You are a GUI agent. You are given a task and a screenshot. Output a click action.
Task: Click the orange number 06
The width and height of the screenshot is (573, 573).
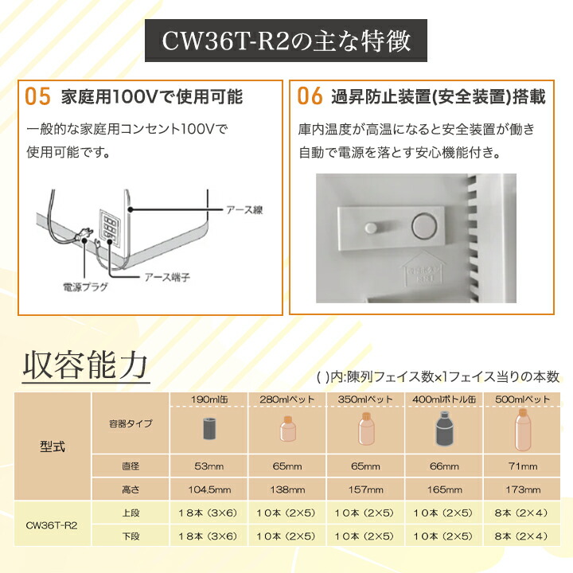(x=310, y=97)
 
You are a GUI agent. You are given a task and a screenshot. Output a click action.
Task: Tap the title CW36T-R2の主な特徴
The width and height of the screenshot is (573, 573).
(x=286, y=40)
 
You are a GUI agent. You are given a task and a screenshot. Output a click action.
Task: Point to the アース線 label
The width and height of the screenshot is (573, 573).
(x=242, y=210)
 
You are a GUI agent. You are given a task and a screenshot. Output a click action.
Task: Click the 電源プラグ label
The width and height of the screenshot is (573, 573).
(x=85, y=286)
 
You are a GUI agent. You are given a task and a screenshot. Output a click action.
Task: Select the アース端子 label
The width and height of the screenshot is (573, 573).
(x=170, y=277)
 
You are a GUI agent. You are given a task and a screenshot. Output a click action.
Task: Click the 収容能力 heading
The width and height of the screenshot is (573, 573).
(x=85, y=365)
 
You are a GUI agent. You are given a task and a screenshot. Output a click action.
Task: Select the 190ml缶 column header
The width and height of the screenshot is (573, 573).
(x=209, y=399)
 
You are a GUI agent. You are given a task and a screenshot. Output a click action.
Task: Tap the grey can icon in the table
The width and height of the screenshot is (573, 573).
(x=209, y=429)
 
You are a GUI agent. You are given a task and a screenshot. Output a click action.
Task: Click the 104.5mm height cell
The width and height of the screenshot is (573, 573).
(x=209, y=489)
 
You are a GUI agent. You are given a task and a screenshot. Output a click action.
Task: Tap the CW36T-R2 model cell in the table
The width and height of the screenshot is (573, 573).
(x=53, y=525)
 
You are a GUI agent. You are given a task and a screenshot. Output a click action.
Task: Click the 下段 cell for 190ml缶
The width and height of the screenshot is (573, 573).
(x=209, y=536)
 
